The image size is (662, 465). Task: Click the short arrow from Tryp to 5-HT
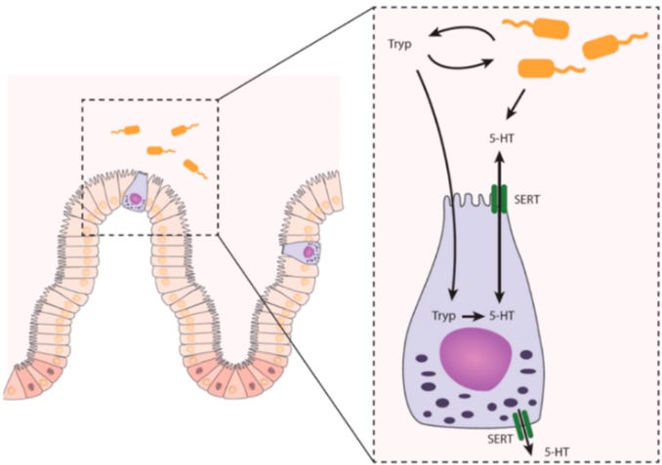coord(473,316)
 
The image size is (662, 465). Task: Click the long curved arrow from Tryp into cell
coord(440,185)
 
